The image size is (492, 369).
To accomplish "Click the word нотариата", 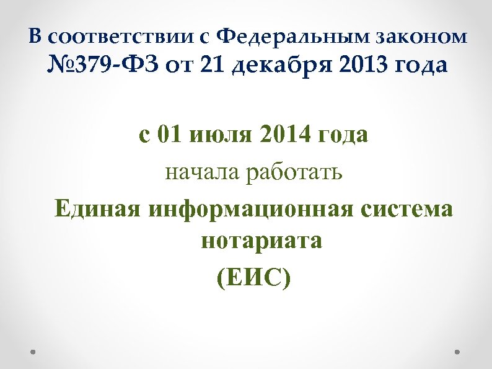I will point(261,239).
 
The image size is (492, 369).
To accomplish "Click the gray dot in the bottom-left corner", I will point(33,350).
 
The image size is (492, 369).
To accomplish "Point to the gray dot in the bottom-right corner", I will point(457,350).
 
